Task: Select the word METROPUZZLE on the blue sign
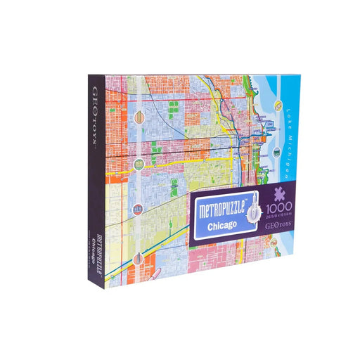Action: click(x=224, y=210)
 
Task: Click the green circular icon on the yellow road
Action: click(x=139, y=164)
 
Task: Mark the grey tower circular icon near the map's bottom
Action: click(x=139, y=258)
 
